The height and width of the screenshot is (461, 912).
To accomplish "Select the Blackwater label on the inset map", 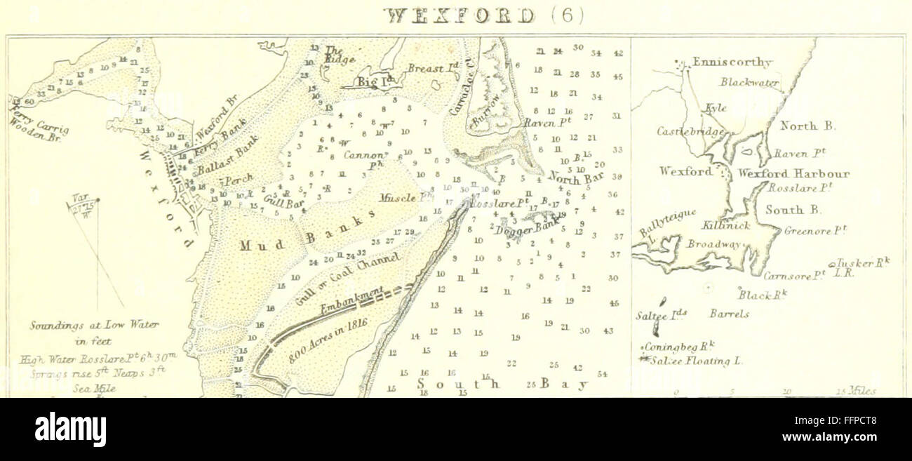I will (749, 82).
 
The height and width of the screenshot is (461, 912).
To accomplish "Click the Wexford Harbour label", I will (793, 174).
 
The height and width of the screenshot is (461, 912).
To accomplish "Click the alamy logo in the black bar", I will (70, 429).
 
